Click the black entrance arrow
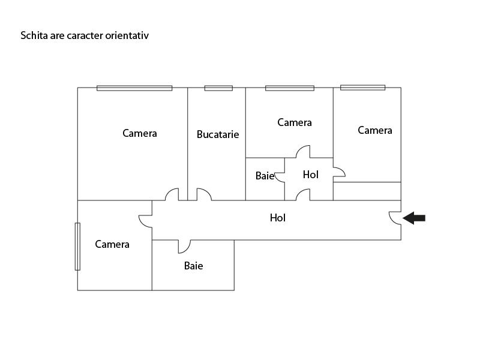point(414,218)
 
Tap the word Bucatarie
point(218,134)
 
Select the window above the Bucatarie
point(218,88)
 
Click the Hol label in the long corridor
point(278,218)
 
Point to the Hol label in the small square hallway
point(311,175)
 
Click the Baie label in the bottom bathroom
point(193,265)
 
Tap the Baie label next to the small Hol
point(265,176)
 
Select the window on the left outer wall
point(77,246)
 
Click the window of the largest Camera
point(134,88)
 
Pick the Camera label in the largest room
point(140,133)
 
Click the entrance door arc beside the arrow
point(395,218)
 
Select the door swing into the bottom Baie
point(184,246)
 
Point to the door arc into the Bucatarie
point(204,194)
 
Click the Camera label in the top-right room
point(375,130)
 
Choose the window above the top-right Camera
point(362,88)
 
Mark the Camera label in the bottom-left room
point(112,244)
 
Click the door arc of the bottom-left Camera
point(145,221)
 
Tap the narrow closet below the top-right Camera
point(367,191)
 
